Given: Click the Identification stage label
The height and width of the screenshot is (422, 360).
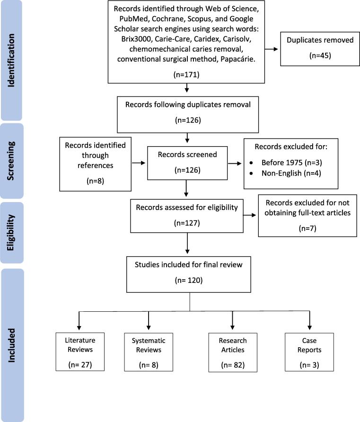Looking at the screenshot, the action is pos(11,60).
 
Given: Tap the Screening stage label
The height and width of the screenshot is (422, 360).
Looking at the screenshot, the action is pos(11,161).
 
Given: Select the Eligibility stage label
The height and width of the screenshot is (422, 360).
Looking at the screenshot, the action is pos(11,233).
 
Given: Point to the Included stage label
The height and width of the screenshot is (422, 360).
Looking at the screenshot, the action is pos(11,345).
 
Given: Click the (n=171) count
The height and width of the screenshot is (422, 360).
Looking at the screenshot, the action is pos(186,75).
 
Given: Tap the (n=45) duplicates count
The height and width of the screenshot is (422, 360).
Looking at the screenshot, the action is pos(320,55).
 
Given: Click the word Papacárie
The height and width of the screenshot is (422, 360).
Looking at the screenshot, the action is pos(238,59).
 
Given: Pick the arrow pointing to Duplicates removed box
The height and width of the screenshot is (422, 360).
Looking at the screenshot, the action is pos(271,49).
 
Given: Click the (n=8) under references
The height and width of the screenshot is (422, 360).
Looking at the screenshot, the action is pos(95,181).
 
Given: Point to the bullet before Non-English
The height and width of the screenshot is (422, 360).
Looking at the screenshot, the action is pos(251,173).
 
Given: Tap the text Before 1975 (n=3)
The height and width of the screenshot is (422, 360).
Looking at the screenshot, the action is pos(292,163).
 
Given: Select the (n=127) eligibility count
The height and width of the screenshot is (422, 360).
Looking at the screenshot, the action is pos(187,223).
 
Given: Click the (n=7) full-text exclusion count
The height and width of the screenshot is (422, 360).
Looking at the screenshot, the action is pos(307,228).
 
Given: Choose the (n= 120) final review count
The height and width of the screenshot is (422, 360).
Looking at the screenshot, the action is pos(189,280).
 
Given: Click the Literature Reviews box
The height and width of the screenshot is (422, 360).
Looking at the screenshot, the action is pos(80,352).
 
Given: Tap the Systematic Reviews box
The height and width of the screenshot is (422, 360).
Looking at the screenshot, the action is pos(149,352).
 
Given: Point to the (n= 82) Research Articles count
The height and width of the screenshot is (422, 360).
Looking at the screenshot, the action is pos(233,365).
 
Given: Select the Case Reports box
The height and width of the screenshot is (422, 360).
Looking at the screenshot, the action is pos(309,352).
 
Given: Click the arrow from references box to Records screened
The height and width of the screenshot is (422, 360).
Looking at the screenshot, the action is pos(139,163).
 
